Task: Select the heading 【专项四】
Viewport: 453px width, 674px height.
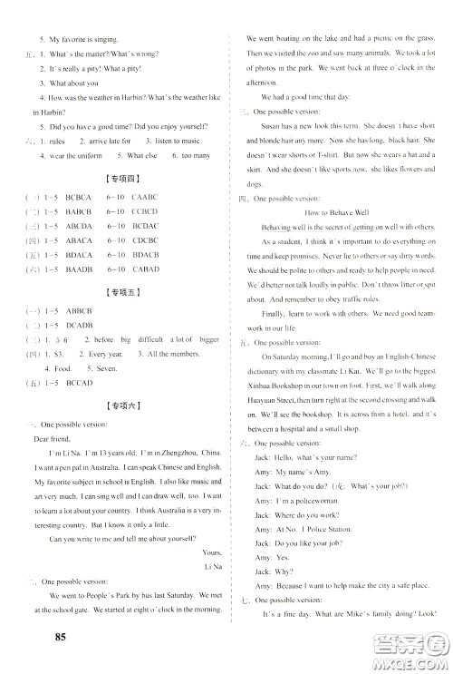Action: click(119, 180)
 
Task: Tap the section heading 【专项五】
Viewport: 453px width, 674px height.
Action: click(119, 293)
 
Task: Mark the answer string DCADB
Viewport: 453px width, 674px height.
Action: click(81, 325)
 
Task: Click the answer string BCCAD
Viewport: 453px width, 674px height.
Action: click(81, 383)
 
